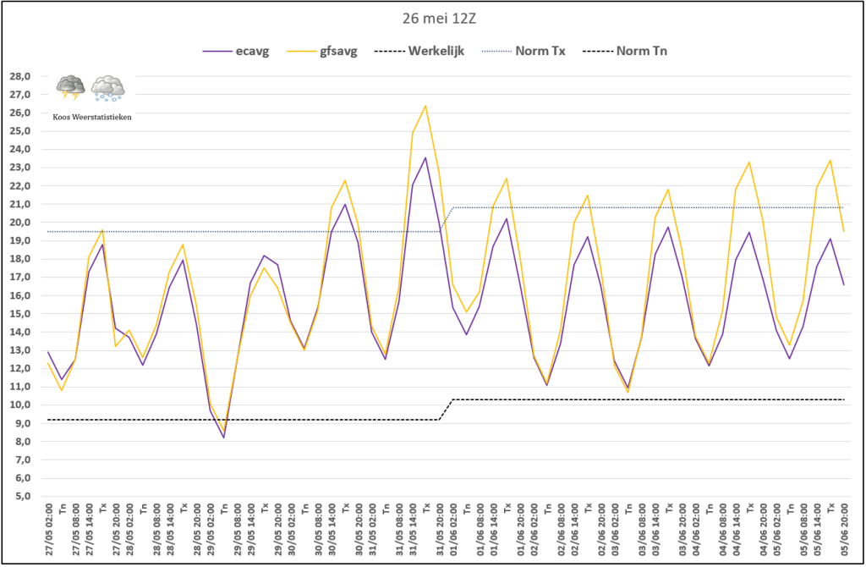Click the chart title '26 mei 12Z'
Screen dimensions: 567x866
(433, 16)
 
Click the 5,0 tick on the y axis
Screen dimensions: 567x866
(21, 497)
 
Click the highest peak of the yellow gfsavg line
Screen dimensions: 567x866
(425, 106)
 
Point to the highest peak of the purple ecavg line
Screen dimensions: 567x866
(425, 157)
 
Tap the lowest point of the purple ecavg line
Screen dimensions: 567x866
(224, 438)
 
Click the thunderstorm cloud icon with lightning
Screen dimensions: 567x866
(69, 87)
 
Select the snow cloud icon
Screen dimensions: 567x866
(108, 87)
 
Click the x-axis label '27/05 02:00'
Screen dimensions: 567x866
(48, 531)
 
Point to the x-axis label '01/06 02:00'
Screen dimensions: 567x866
(453, 531)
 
